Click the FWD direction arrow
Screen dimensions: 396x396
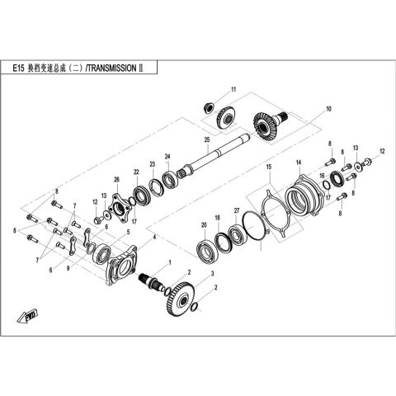[27, 317]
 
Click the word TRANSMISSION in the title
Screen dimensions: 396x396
[112, 68]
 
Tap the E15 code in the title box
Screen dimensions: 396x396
[19, 68]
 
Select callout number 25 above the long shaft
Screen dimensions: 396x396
[207, 139]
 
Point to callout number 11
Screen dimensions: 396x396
[233, 89]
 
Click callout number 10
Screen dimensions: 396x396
[328, 109]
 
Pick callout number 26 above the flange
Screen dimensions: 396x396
[117, 180]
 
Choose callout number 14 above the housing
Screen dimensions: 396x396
[299, 163]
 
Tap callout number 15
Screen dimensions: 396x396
[269, 167]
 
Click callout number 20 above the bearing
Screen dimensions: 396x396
[204, 225]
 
